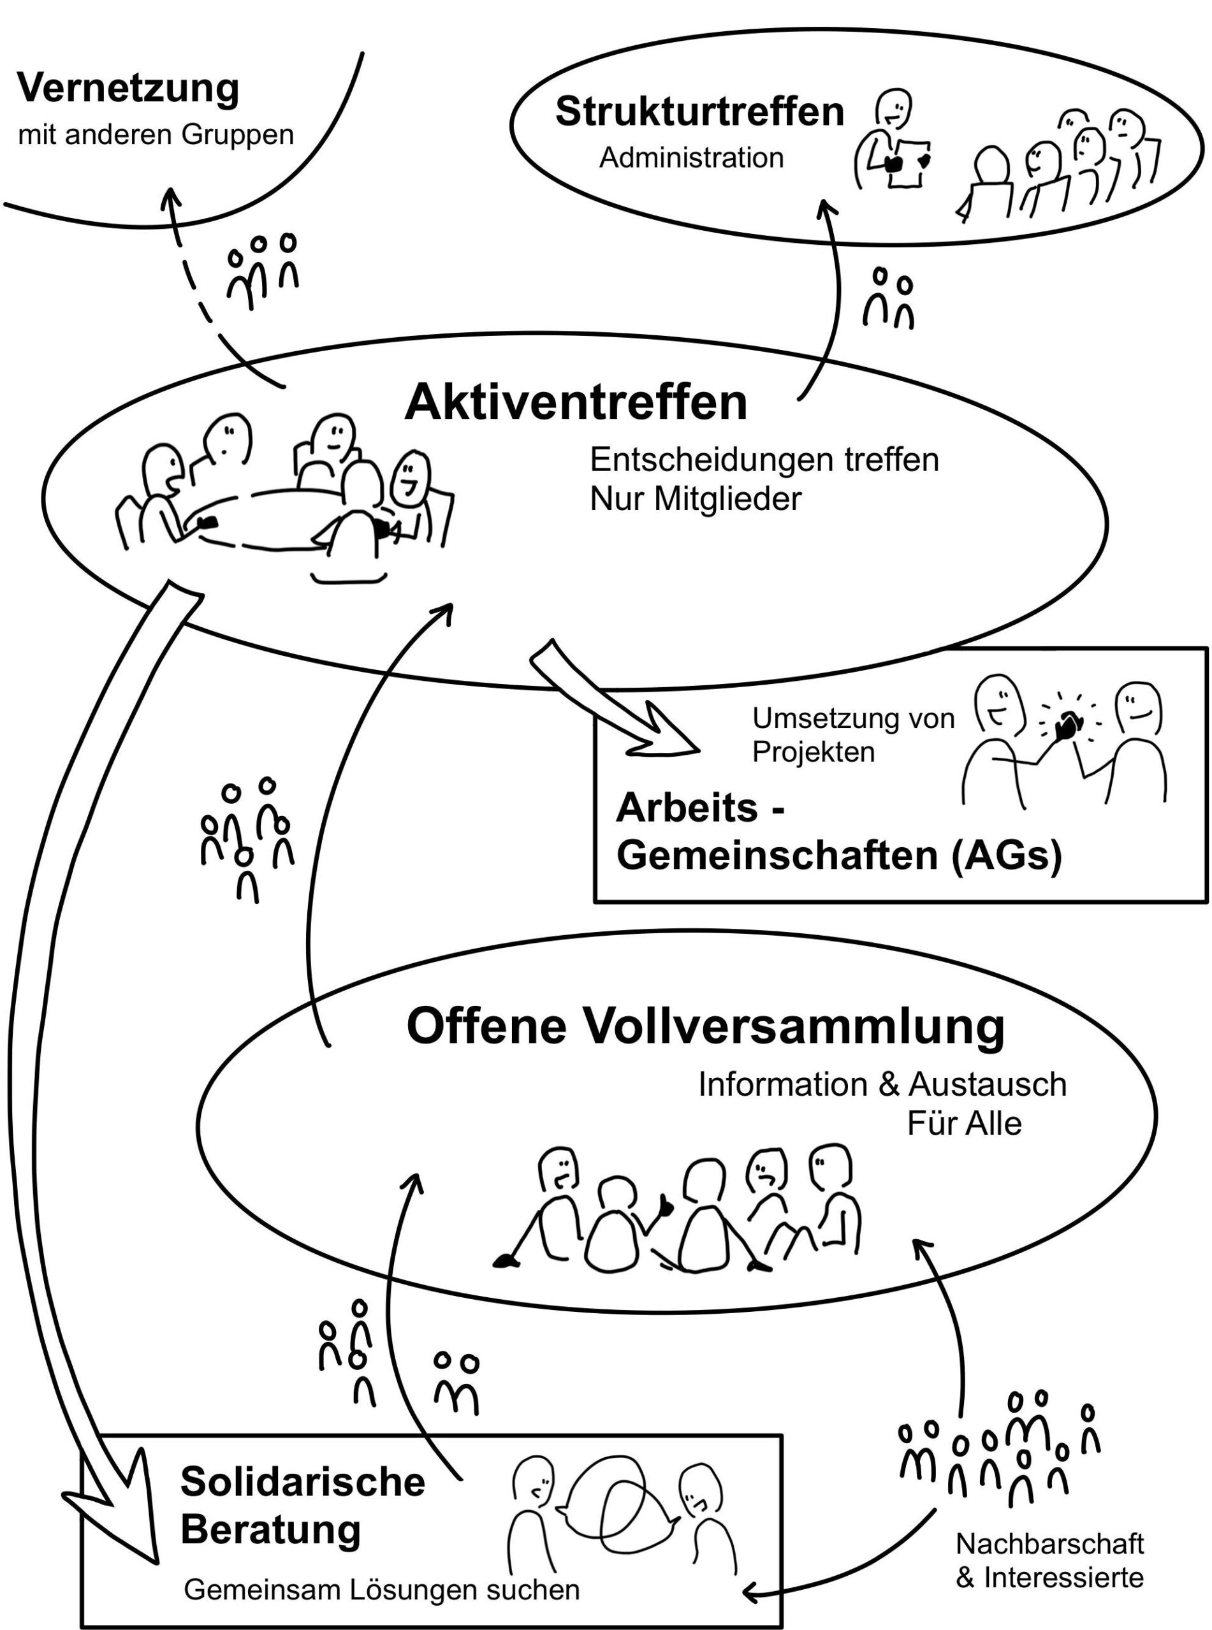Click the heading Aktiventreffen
tap(575, 403)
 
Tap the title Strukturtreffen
tap(699, 112)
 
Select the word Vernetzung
tap(128, 89)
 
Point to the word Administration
tap(691, 157)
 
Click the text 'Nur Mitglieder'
tap(696, 499)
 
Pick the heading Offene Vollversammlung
tap(705, 1026)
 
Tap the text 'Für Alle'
tap(964, 1123)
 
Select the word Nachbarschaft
tap(1049, 1544)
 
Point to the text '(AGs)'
tap(1007, 855)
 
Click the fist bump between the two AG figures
tap(1067, 726)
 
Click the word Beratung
tap(271, 1529)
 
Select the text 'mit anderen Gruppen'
tap(156, 135)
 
